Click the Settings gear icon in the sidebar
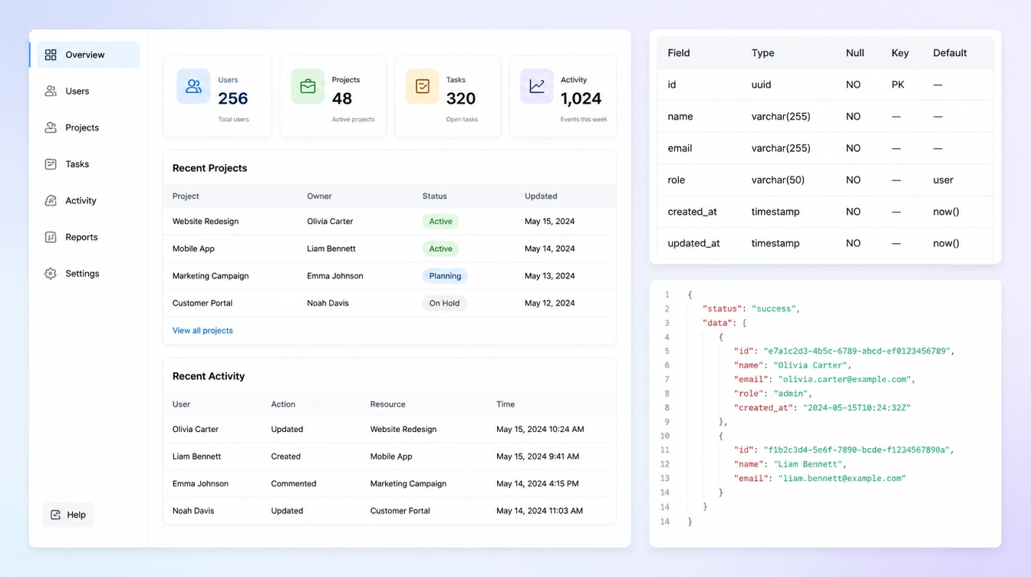pyautogui.click(x=51, y=273)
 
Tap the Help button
pyautogui.click(x=68, y=514)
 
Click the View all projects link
pyautogui.click(x=203, y=330)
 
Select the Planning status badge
pyautogui.click(x=445, y=275)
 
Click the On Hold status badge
pyautogui.click(x=444, y=303)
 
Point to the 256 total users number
pyautogui.click(x=233, y=98)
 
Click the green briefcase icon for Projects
pyautogui.click(x=308, y=86)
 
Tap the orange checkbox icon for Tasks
pyautogui.click(x=422, y=86)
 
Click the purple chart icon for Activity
pyautogui.click(x=537, y=86)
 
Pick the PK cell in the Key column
pyautogui.click(x=898, y=84)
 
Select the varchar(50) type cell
pyautogui.click(x=778, y=180)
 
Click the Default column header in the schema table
pyautogui.click(x=950, y=53)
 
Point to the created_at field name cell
pyautogui.click(x=692, y=212)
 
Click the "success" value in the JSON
pyautogui.click(x=774, y=308)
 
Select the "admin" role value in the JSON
pyautogui.click(x=791, y=394)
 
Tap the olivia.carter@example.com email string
pyautogui.click(x=845, y=379)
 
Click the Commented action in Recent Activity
pyautogui.click(x=293, y=483)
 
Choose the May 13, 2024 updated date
pyautogui.click(x=549, y=275)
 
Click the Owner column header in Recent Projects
pyautogui.click(x=319, y=196)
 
